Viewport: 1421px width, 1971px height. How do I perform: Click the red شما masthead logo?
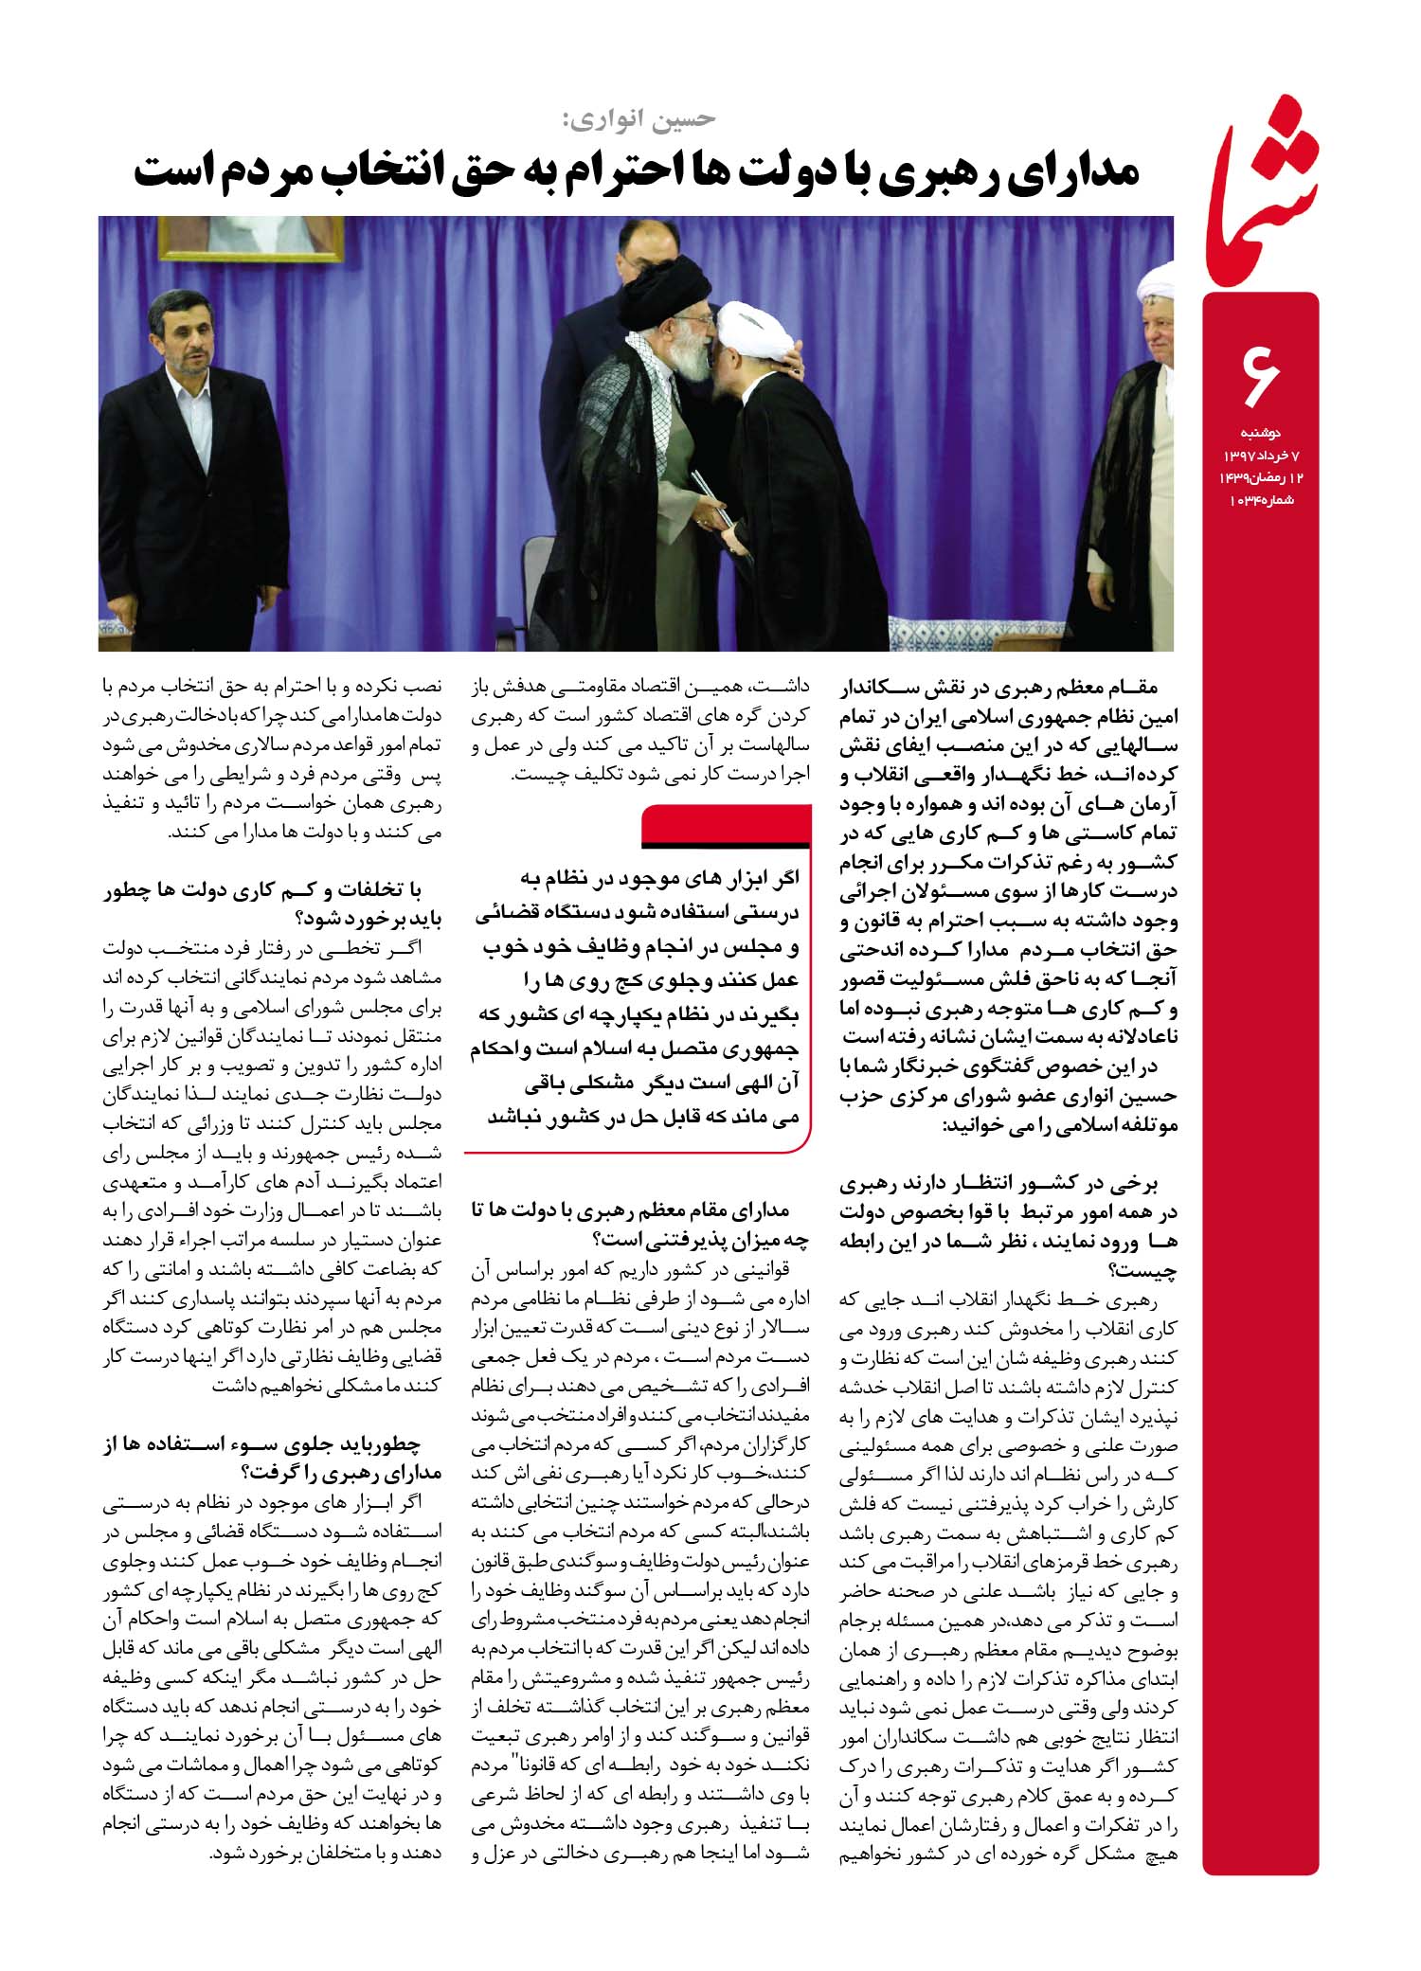click(x=1260, y=189)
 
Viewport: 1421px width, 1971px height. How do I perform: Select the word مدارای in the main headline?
click(x=1070, y=172)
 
